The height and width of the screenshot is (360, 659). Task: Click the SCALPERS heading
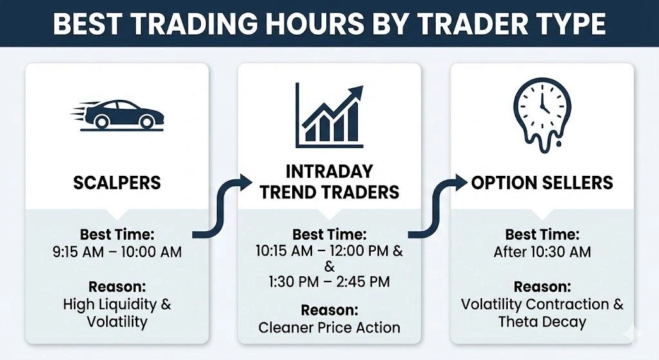116,182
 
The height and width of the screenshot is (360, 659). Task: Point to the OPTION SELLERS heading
542,182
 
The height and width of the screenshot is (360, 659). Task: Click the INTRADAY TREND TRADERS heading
329,182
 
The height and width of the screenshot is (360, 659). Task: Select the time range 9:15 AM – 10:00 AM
116,252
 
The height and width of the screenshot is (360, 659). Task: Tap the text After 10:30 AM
542,252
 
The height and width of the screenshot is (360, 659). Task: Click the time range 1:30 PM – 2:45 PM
329,281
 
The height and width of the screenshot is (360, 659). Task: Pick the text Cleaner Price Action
329,327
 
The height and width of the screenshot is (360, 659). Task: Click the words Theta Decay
542,321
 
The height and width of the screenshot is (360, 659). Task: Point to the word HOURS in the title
284,24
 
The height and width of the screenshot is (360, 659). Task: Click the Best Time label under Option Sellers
542,234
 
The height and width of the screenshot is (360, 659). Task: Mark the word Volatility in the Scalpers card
116,321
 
